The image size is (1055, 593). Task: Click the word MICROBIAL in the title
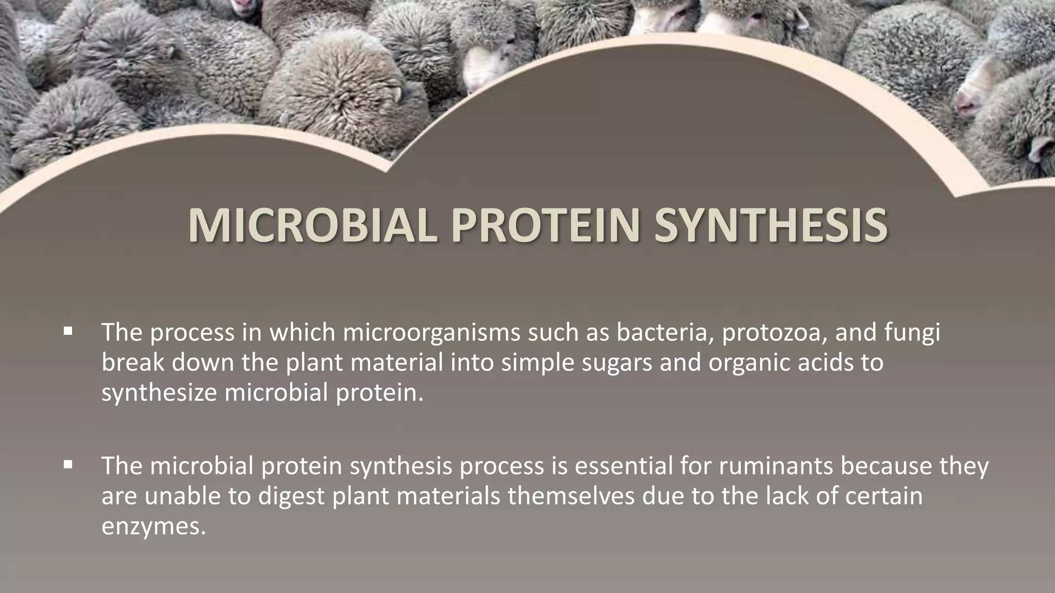click(x=312, y=227)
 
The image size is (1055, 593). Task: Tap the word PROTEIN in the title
click(x=545, y=227)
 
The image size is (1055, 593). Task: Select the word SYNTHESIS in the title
click(x=770, y=227)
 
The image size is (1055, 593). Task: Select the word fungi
click(x=912, y=333)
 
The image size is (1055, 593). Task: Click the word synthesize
click(x=159, y=393)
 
